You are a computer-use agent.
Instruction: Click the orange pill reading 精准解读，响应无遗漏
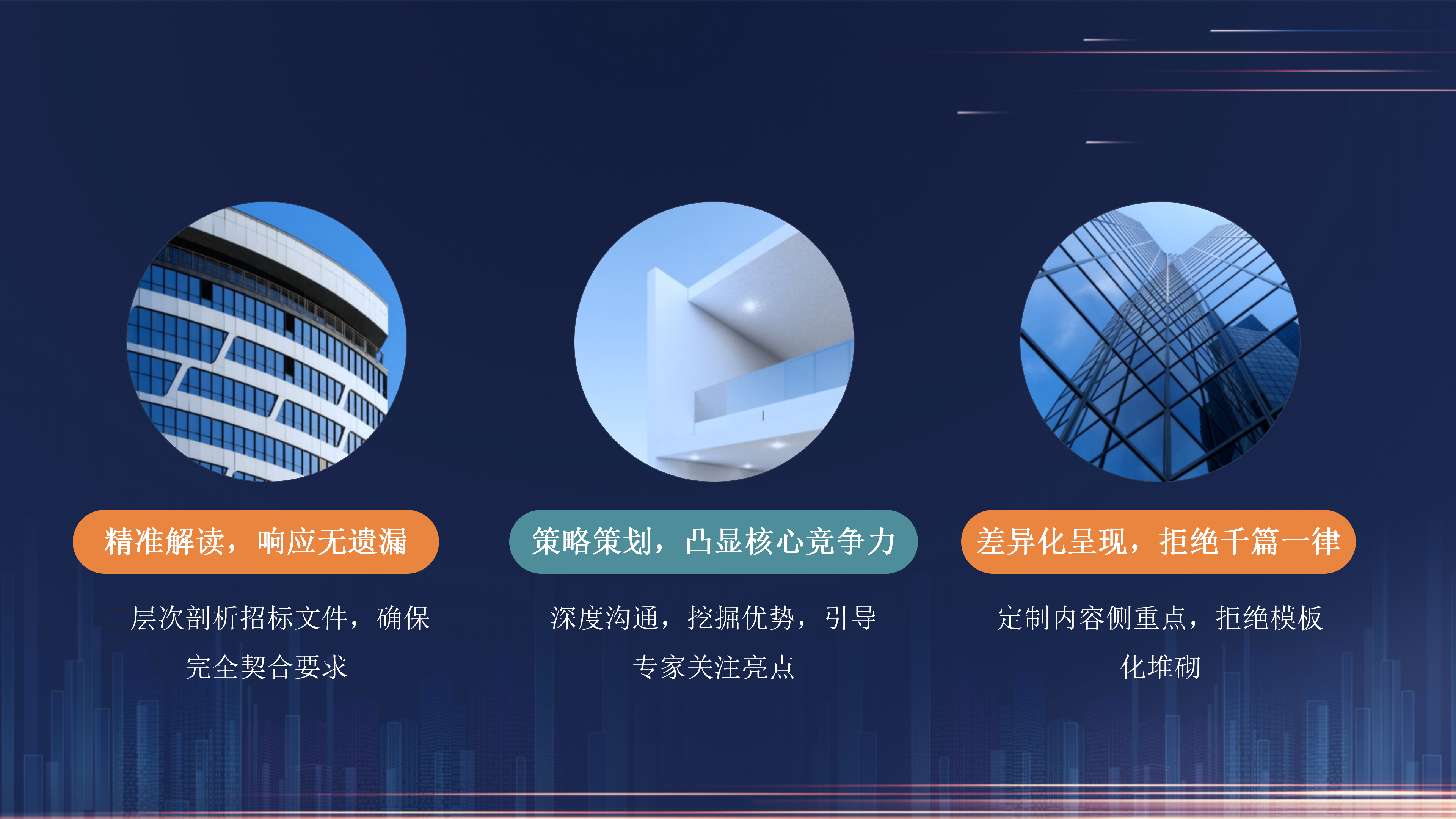256,541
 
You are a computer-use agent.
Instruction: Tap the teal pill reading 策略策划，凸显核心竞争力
713,541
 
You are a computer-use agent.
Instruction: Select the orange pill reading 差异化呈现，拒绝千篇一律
1158,541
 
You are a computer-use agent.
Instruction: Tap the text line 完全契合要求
266,667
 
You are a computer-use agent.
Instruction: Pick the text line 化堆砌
1160,667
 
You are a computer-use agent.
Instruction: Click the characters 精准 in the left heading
134,541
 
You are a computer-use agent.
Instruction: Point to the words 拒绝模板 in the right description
1269,618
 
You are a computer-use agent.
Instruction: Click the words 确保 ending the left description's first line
403,618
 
